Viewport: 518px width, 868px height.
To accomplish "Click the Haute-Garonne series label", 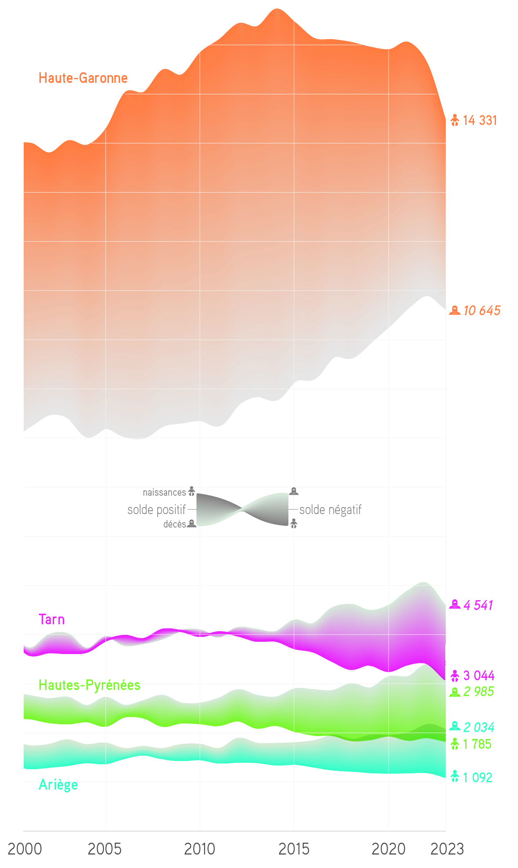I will pyautogui.click(x=83, y=78).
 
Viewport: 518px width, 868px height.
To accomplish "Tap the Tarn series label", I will pyautogui.click(x=51, y=619).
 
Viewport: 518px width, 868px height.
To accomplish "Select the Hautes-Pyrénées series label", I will pyautogui.click(x=89, y=685).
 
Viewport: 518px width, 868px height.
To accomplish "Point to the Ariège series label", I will pyautogui.click(x=58, y=785).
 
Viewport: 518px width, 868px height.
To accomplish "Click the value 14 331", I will pyautogui.click(x=480, y=120).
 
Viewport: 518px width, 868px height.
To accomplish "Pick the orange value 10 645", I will pyautogui.click(x=482, y=311).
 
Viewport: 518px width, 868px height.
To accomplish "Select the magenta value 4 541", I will pyautogui.click(x=478, y=605).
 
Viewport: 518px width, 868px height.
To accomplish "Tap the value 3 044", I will pyautogui.click(x=479, y=676).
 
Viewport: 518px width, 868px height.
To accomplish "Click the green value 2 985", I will pyautogui.click(x=478, y=692).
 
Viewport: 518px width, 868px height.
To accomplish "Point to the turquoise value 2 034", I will pyautogui.click(x=479, y=727).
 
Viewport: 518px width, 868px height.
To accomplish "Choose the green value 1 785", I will pyautogui.click(x=477, y=744).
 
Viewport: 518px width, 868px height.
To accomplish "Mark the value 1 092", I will pyautogui.click(x=478, y=777).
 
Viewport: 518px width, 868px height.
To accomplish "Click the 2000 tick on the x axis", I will pyautogui.click(x=25, y=849).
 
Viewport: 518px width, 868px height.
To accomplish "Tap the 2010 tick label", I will pyautogui.click(x=199, y=849).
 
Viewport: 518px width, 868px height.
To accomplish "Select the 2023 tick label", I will pyautogui.click(x=447, y=849).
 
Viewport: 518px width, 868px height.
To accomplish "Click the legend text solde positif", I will pyautogui.click(x=156, y=510).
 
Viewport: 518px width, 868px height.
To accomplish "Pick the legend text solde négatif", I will pyautogui.click(x=330, y=510).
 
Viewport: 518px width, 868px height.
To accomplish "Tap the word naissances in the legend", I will pyautogui.click(x=164, y=492).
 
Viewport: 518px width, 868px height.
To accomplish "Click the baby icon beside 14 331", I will pyautogui.click(x=455, y=120).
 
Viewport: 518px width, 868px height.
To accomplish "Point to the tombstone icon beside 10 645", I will pyautogui.click(x=455, y=311).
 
